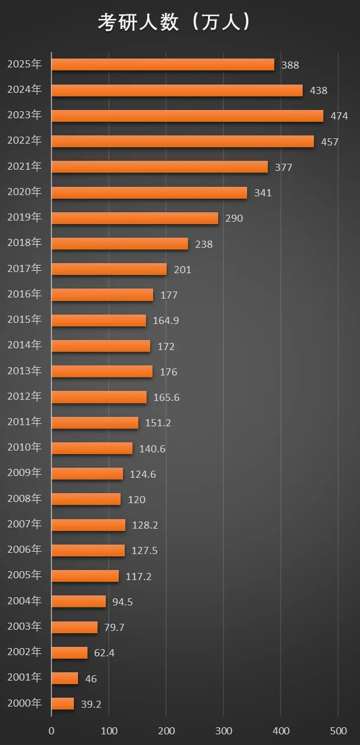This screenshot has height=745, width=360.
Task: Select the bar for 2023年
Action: point(187,116)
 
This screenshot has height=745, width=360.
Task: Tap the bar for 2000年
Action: point(63,704)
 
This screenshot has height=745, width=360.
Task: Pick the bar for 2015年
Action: point(99,320)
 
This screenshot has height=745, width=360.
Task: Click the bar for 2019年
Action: point(135,218)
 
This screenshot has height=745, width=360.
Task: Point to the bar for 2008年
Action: point(86,499)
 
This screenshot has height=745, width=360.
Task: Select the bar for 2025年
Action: point(163,64)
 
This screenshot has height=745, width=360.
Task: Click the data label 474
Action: point(339,116)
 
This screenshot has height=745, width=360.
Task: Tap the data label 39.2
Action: point(91,704)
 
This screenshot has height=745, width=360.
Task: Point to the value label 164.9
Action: point(166,320)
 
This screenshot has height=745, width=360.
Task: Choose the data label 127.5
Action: point(145,550)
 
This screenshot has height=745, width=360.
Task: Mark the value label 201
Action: point(183,270)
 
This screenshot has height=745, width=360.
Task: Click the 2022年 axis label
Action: point(24,141)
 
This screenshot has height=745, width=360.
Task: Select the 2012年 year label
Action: point(24,396)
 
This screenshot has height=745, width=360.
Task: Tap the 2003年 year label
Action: point(24,626)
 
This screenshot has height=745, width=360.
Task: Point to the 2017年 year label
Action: point(24,268)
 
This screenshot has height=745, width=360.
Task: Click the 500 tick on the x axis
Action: point(338,730)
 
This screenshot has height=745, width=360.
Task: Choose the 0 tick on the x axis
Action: point(51,730)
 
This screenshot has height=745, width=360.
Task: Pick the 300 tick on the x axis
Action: point(223,730)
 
